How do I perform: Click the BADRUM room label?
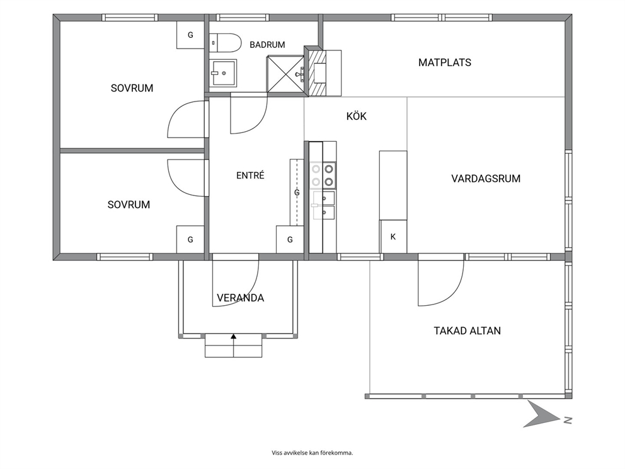coord(267,45)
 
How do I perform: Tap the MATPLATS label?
coord(444,62)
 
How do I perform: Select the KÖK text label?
coord(357,116)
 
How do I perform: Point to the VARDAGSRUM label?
coord(486,178)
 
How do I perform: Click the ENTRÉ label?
coord(250,175)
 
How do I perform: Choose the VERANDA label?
coord(240,298)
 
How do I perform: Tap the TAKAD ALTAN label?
coord(467,330)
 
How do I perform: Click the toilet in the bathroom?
coord(225,43)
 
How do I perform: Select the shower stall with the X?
coord(285,74)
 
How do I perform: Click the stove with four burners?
coord(323,175)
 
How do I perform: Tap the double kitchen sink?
coord(324,205)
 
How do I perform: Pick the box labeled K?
coord(393,236)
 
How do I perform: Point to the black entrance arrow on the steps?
coord(234,337)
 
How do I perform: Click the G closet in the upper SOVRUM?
coord(190,35)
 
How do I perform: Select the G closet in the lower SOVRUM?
coord(190,240)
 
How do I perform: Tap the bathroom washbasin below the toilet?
coord(223,72)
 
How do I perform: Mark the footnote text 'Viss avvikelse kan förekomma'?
coord(312,453)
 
